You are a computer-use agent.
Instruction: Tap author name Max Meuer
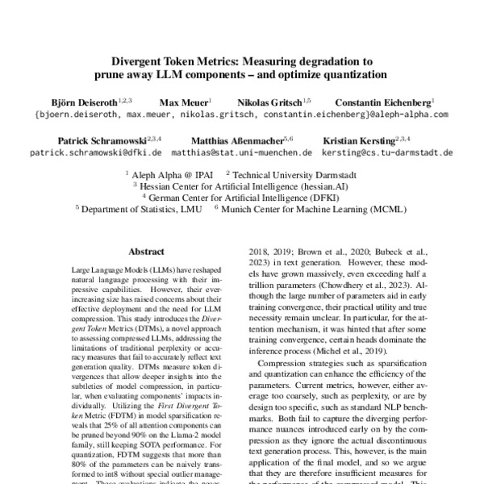(181, 103)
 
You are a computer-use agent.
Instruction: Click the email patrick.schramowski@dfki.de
(96, 152)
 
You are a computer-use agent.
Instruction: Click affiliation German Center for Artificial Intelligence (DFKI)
(244, 196)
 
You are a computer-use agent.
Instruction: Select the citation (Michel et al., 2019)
(350, 352)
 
